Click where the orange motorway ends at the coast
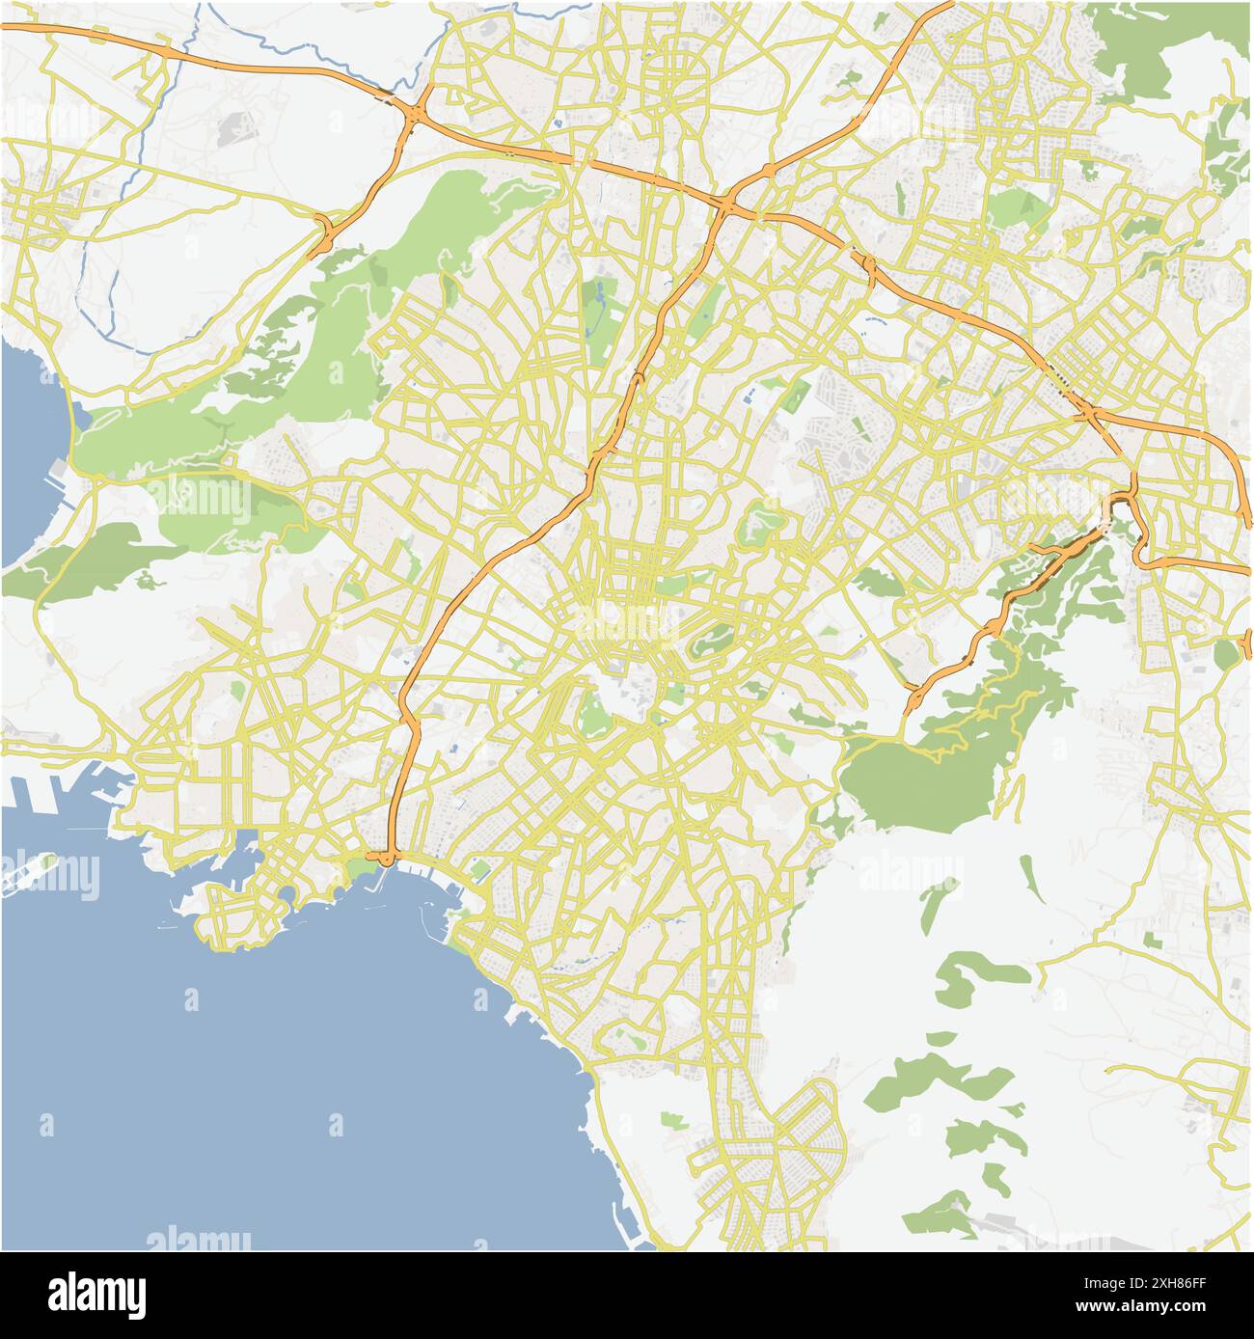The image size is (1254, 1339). (x=385, y=857)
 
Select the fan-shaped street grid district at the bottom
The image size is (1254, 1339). (x=772, y=1158)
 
